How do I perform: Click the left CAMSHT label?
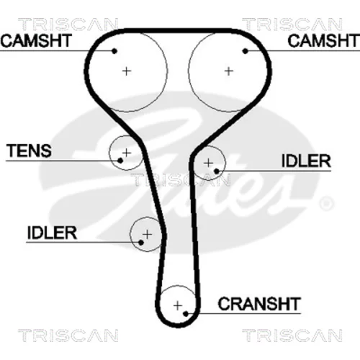tap(36, 40)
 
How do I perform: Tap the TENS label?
tap(29, 150)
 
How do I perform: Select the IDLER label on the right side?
tap(306, 161)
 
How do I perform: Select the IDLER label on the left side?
tap(52, 233)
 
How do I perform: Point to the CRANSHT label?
tap(259, 304)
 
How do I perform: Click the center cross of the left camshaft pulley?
tap(127, 71)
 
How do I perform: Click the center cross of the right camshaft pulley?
tap(229, 71)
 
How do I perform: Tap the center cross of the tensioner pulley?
tap(127, 153)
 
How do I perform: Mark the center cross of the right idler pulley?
tap(208, 163)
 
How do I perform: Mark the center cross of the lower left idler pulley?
tap(147, 234)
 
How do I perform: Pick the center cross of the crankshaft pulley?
tap(178, 306)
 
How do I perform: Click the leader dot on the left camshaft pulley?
tap(114, 51)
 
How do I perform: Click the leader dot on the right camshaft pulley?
tap(245, 51)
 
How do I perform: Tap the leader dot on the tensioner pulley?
tap(120, 161)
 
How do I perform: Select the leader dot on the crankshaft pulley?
tap(186, 314)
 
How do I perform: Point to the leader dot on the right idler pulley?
tap(217, 171)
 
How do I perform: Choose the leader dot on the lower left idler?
tap(141, 243)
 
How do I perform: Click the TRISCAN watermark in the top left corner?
tap(68, 24)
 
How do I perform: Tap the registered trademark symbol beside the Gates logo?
tap(326, 204)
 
